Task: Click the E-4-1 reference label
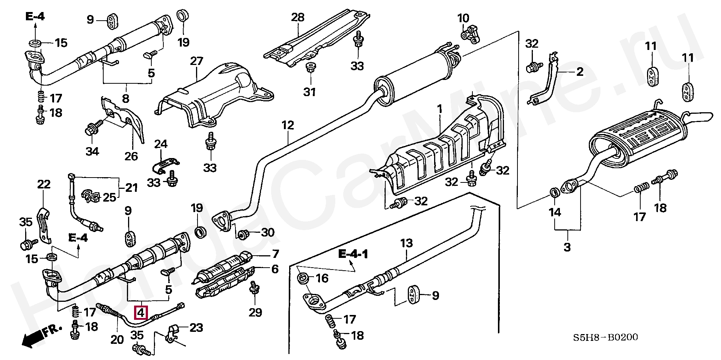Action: pyautogui.click(x=353, y=254)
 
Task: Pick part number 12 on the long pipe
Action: pyautogui.click(x=288, y=125)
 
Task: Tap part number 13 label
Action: pyautogui.click(x=406, y=243)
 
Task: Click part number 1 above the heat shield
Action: pyautogui.click(x=439, y=110)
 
